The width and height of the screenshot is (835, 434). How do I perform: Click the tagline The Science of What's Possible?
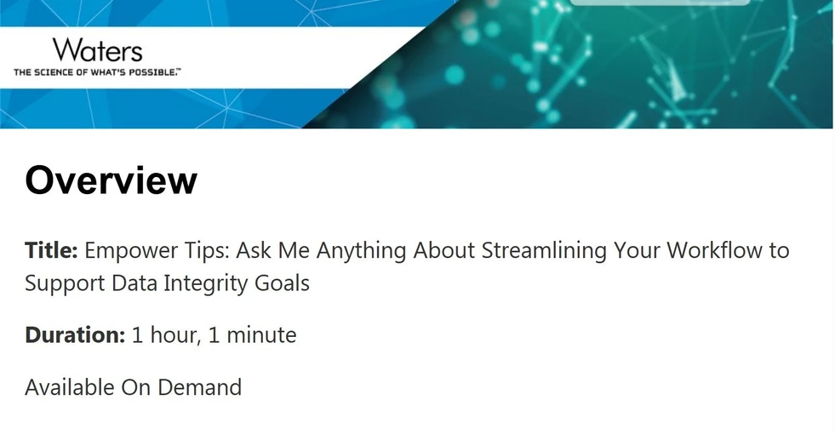point(96,72)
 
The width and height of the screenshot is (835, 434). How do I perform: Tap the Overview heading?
point(111,180)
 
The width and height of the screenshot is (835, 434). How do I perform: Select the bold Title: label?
point(51,251)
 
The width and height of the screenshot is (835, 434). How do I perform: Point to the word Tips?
point(204,251)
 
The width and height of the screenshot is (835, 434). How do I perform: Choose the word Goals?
point(283,283)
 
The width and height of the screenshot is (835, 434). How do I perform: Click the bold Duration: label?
point(75,335)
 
